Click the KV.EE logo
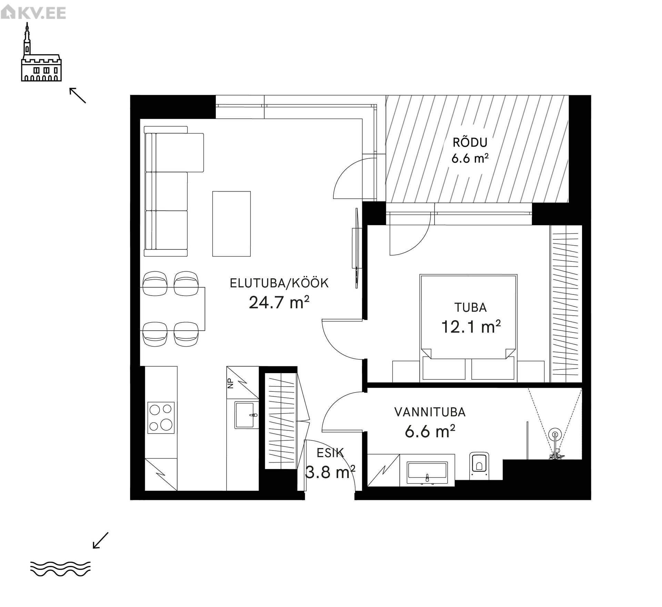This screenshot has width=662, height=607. click(x=33, y=13)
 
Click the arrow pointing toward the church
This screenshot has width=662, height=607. click(x=78, y=95)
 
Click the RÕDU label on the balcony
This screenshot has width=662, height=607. click(x=470, y=142)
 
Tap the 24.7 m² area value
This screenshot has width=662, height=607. click(x=279, y=302)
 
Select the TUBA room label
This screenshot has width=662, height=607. click(x=470, y=308)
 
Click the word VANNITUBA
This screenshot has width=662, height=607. click(x=430, y=412)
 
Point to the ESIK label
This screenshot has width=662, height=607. click(x=330, y=453)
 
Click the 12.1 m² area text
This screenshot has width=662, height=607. click(x=471, y=327)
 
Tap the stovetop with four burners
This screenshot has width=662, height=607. click(x=161, y=418)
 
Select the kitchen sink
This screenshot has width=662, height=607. click(x=247, y=415)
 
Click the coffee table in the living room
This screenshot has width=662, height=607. click(x=231, y=224)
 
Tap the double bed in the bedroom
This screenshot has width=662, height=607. click(x=468, y=328)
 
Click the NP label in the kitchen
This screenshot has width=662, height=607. click(x=231, y=384)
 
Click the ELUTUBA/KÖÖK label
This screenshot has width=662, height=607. click(x=279, y=283)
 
